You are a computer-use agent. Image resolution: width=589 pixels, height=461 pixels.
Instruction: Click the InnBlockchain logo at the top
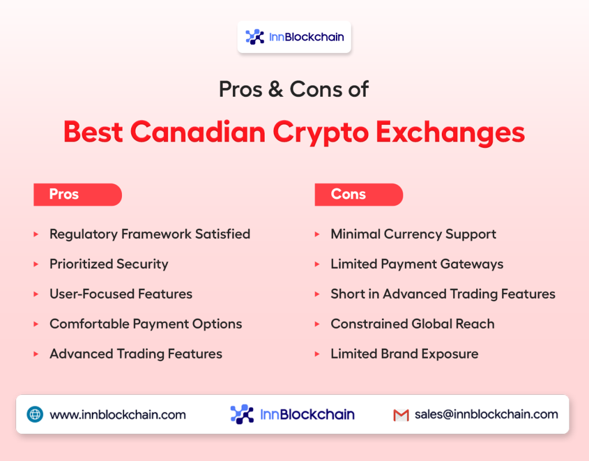click(x=294, y=37)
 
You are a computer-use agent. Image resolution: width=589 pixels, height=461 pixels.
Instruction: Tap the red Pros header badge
click(x=78, y=195)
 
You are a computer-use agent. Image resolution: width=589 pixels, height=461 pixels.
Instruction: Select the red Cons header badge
click(x=359, y=195)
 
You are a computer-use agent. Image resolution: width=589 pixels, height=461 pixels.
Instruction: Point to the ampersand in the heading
click(x=276, y=89)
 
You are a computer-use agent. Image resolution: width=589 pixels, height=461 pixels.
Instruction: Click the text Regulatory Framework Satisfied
click(x=150, y=234)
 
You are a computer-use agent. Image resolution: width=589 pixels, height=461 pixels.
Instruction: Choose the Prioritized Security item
click(x=109, y=264)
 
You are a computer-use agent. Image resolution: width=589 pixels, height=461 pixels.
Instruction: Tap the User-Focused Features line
click(x=121, y=294)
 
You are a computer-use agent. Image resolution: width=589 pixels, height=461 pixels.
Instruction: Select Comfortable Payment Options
click(x=146, y=324)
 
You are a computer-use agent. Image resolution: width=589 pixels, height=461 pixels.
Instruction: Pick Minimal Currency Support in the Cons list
click(x=413, y=234)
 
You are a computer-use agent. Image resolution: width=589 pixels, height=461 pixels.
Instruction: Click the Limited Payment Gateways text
click(x=417, y=264)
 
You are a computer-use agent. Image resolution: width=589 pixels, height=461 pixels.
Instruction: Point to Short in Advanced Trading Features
click(x=443, y=294)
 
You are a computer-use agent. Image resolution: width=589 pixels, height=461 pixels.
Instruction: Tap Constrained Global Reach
click(x=412, y=324)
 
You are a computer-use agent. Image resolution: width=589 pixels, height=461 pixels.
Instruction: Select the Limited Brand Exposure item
click(x=404, y=354)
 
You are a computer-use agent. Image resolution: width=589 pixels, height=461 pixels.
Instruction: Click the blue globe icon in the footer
click(x=35, y=414)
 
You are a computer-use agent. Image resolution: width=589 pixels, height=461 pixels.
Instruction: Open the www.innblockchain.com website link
click(x=117, y=415)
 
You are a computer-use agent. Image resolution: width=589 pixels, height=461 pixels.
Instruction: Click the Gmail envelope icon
click(x=401, y=415)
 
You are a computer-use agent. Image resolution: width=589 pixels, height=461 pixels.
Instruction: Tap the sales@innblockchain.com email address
click(x=487, y=414)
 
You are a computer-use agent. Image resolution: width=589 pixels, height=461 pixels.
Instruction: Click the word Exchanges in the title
click(x=450, y=132)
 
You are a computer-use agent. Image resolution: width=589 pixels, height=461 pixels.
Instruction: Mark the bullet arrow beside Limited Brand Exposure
click(x=317, y=354)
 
